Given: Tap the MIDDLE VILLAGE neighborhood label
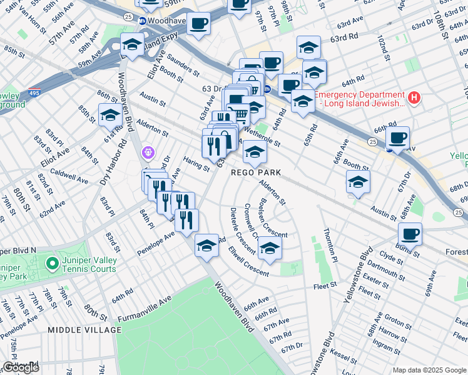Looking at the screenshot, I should click(84, 329).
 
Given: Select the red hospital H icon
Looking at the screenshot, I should click(413, 98).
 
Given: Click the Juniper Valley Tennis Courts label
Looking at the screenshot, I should click(88, 264).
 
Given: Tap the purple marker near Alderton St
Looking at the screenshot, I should click(148, 152).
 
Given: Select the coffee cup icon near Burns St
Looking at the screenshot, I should click(410, 234).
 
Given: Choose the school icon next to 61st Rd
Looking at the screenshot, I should click(110, 115).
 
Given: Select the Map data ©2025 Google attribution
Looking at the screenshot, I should click(429, 370).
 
